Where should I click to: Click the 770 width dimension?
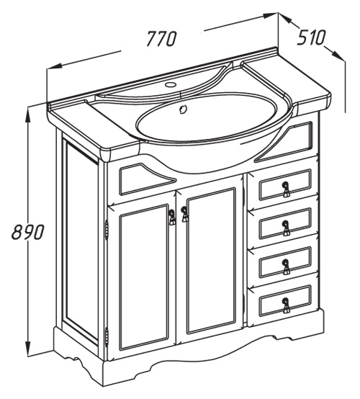162,39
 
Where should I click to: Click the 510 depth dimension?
311,37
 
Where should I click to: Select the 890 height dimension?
28,232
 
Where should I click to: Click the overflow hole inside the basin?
183,109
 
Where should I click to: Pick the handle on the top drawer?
286,189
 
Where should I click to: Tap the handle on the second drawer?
286,228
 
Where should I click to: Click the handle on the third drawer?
286,266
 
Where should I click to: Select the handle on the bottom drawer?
286,305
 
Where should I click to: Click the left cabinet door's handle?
172,217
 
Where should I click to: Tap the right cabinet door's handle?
184,214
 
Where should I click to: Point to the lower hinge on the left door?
107,336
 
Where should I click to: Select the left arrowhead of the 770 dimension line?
54,67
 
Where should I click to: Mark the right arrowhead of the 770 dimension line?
270,16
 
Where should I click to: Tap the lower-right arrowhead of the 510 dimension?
338,55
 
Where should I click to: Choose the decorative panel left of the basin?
147,178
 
